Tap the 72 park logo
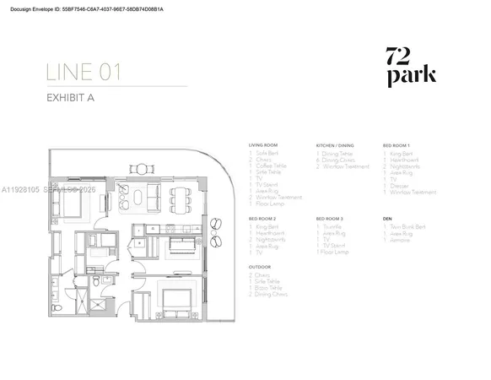point(410,67)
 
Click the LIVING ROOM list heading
point(262,145)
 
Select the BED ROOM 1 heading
point(398,145)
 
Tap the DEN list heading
point(387,219)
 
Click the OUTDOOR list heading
point(261,266)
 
